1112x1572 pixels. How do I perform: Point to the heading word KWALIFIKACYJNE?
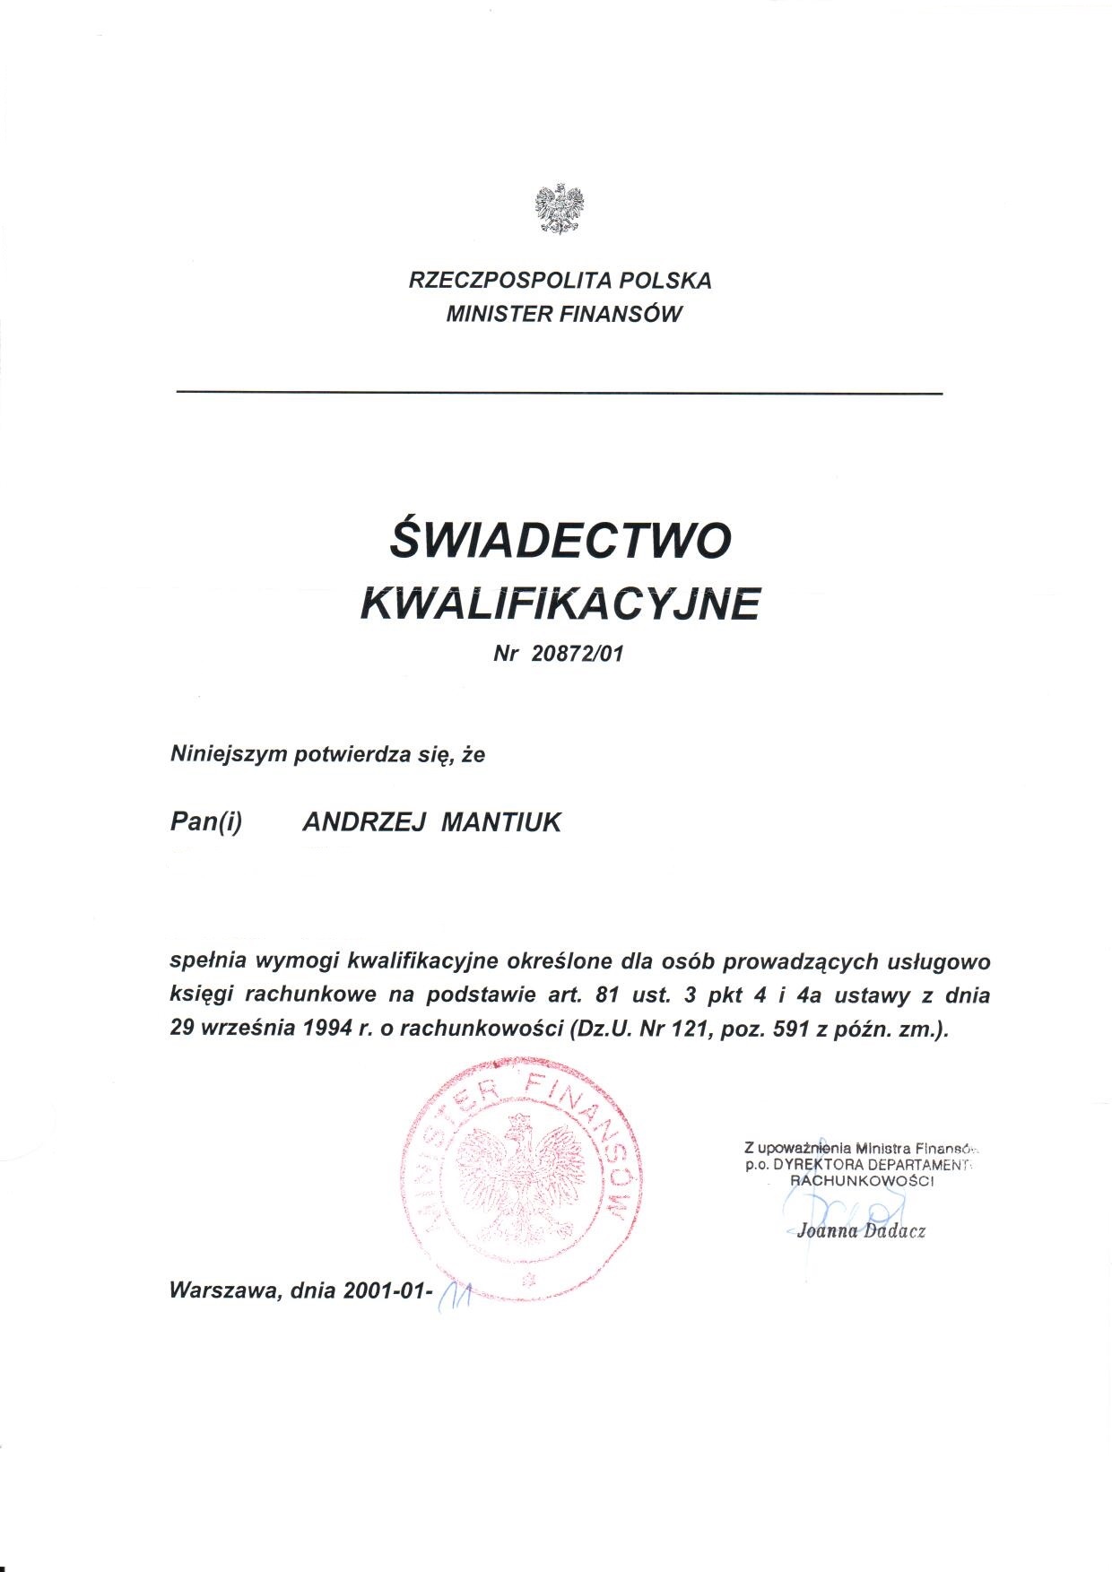[560, 604]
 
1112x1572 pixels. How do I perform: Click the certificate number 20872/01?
[576, 654]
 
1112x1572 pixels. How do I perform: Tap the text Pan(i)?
[206, 822]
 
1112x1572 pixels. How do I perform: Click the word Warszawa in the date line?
[222, 1291]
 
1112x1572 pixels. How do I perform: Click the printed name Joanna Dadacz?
[861, 1231]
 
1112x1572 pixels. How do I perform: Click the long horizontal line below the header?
[560, 393]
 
